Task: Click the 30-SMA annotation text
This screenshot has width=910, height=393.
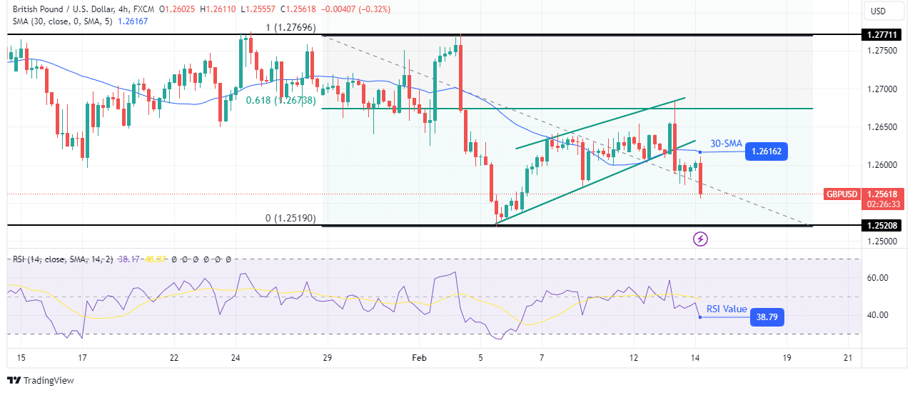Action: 727,144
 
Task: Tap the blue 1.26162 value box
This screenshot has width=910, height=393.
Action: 767,151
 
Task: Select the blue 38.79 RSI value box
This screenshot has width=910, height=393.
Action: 767,317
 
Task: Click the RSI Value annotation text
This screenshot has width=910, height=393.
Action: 727,309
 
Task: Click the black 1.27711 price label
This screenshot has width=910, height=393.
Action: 883,34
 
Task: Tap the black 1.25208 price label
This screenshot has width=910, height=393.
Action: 883,226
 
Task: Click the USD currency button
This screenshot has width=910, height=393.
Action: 877,11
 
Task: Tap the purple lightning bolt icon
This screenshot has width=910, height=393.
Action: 701,239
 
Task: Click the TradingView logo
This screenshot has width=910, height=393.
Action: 41,380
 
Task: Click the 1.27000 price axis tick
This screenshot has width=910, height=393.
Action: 882,89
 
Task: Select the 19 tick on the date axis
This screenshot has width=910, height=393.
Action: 787,357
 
